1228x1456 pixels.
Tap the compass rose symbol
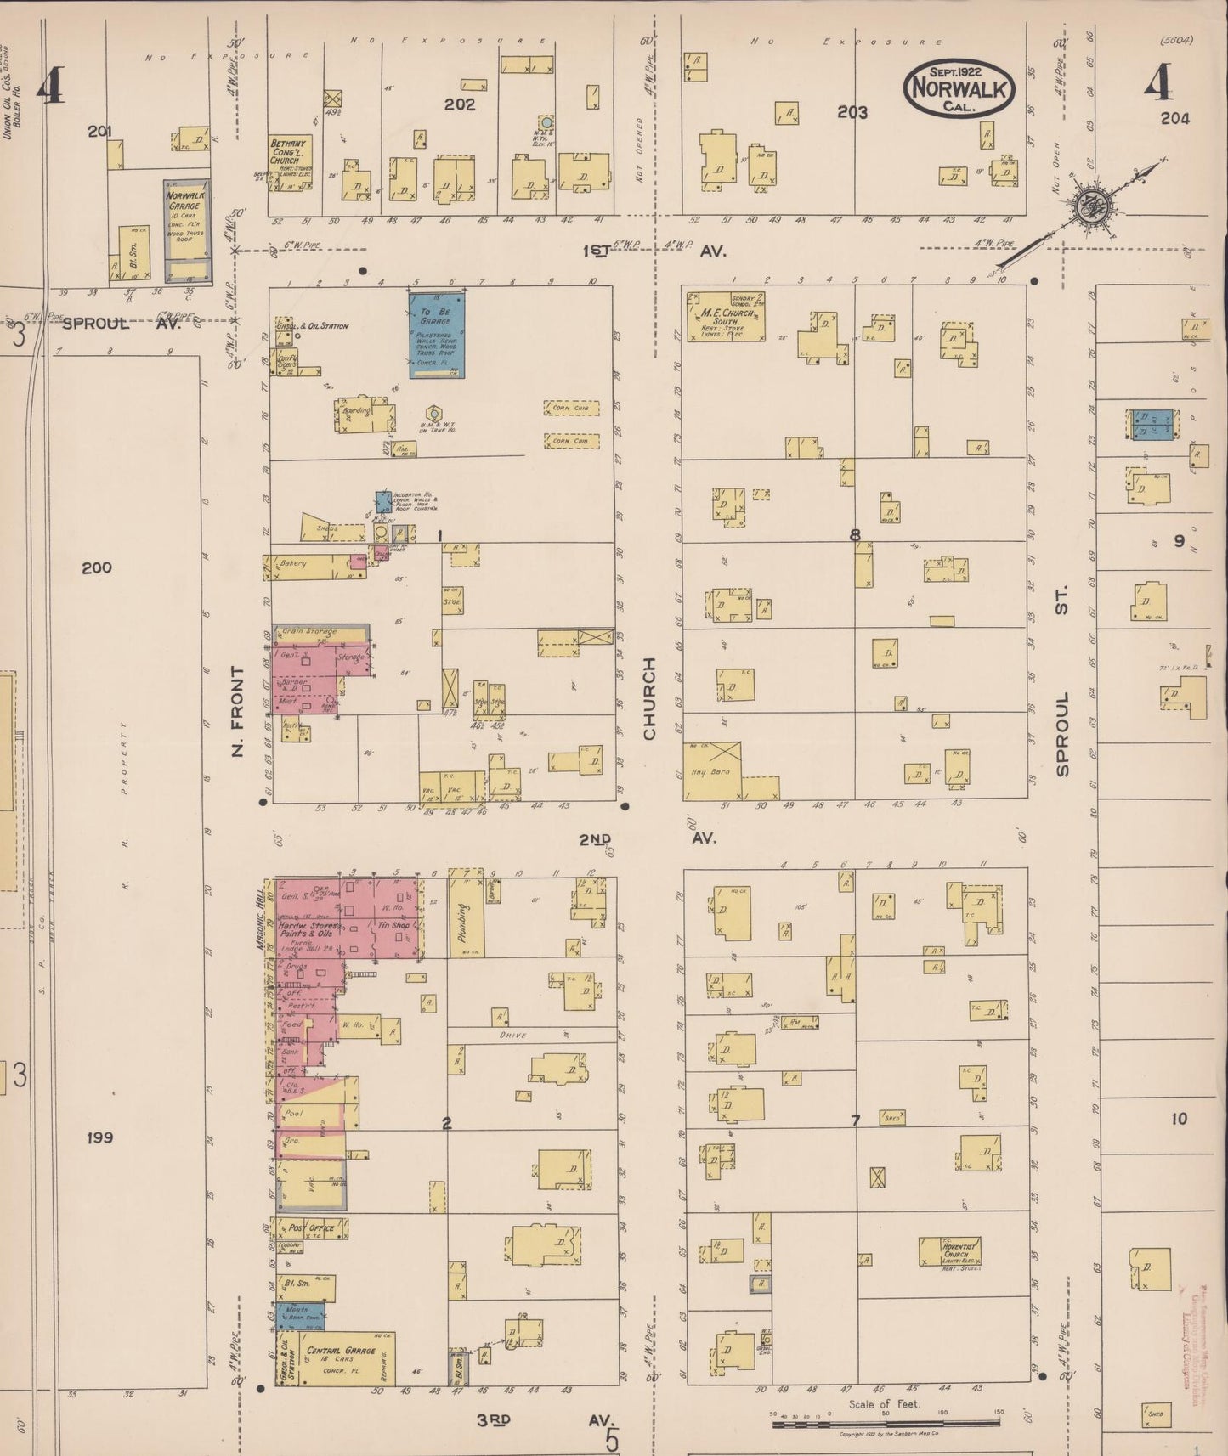[1088, 206]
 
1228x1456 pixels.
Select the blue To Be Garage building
[437, 335]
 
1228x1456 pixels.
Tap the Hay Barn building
[712, 771]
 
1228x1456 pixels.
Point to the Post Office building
[306, 1228]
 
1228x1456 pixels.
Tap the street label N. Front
[237, 711]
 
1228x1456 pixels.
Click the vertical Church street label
[650, 697]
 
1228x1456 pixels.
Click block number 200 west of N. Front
[96, 567]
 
